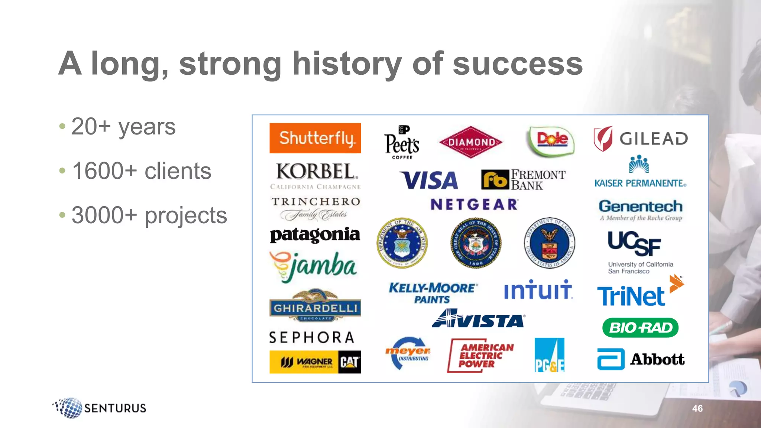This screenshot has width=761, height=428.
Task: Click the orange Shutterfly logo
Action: click(x=315, y=138)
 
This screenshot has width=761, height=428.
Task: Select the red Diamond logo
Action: click(x=471, y=142)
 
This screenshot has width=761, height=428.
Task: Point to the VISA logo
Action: click(x=429, y=180)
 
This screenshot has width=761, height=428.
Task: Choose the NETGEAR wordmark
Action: click(x=474, y=204)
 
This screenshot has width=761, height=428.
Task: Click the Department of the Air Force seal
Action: click(x=402, y=243)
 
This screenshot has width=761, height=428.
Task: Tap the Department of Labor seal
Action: click(x=549, y=243)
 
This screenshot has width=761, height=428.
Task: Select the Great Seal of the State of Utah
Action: click(x=476, y=243)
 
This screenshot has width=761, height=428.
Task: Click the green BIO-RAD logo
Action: click(x=640, y=328)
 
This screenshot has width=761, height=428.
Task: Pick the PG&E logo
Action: click(x=549, y=355)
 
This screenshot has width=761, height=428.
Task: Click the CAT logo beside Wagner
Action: click(x=349, y=362)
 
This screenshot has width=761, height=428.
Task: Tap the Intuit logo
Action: click(x=538, y=290)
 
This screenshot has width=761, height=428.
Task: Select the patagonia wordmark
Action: click(x=315, y=234)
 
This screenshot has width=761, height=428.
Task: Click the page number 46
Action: click(x=697, y=408)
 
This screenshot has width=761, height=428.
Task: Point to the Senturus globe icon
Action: click(x=69, y=408)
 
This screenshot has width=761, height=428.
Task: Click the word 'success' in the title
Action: click(x=518, y=64)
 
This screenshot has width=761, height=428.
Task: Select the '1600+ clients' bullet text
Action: click(x=142, y=171)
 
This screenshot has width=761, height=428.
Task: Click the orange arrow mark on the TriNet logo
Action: click(x=676, y=284)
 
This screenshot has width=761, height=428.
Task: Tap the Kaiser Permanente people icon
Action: click(x=639, y=164)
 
